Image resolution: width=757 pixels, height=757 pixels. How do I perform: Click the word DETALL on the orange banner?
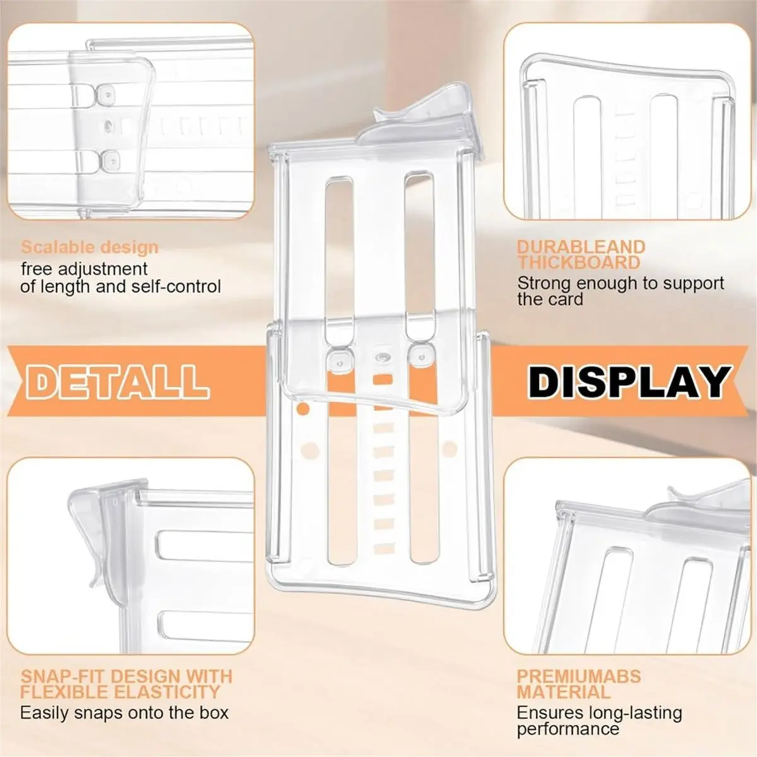pyautogui.click(x=118, y=381)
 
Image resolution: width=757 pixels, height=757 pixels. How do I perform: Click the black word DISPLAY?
pyautogui.click(x=630, y=381)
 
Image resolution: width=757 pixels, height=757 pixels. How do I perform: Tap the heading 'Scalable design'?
pyautogui.click(x=90, y=247)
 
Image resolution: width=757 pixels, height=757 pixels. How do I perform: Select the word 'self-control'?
pyautogui.click(x=176, y=286)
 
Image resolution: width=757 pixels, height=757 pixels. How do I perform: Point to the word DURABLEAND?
pyautogui.click(x=581, y=247)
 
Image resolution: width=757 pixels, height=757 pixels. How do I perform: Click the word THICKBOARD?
pyautogui.click(x=578, y=262)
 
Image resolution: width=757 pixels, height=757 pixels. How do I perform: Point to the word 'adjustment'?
pyautogui.click(x=103, y=269)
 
